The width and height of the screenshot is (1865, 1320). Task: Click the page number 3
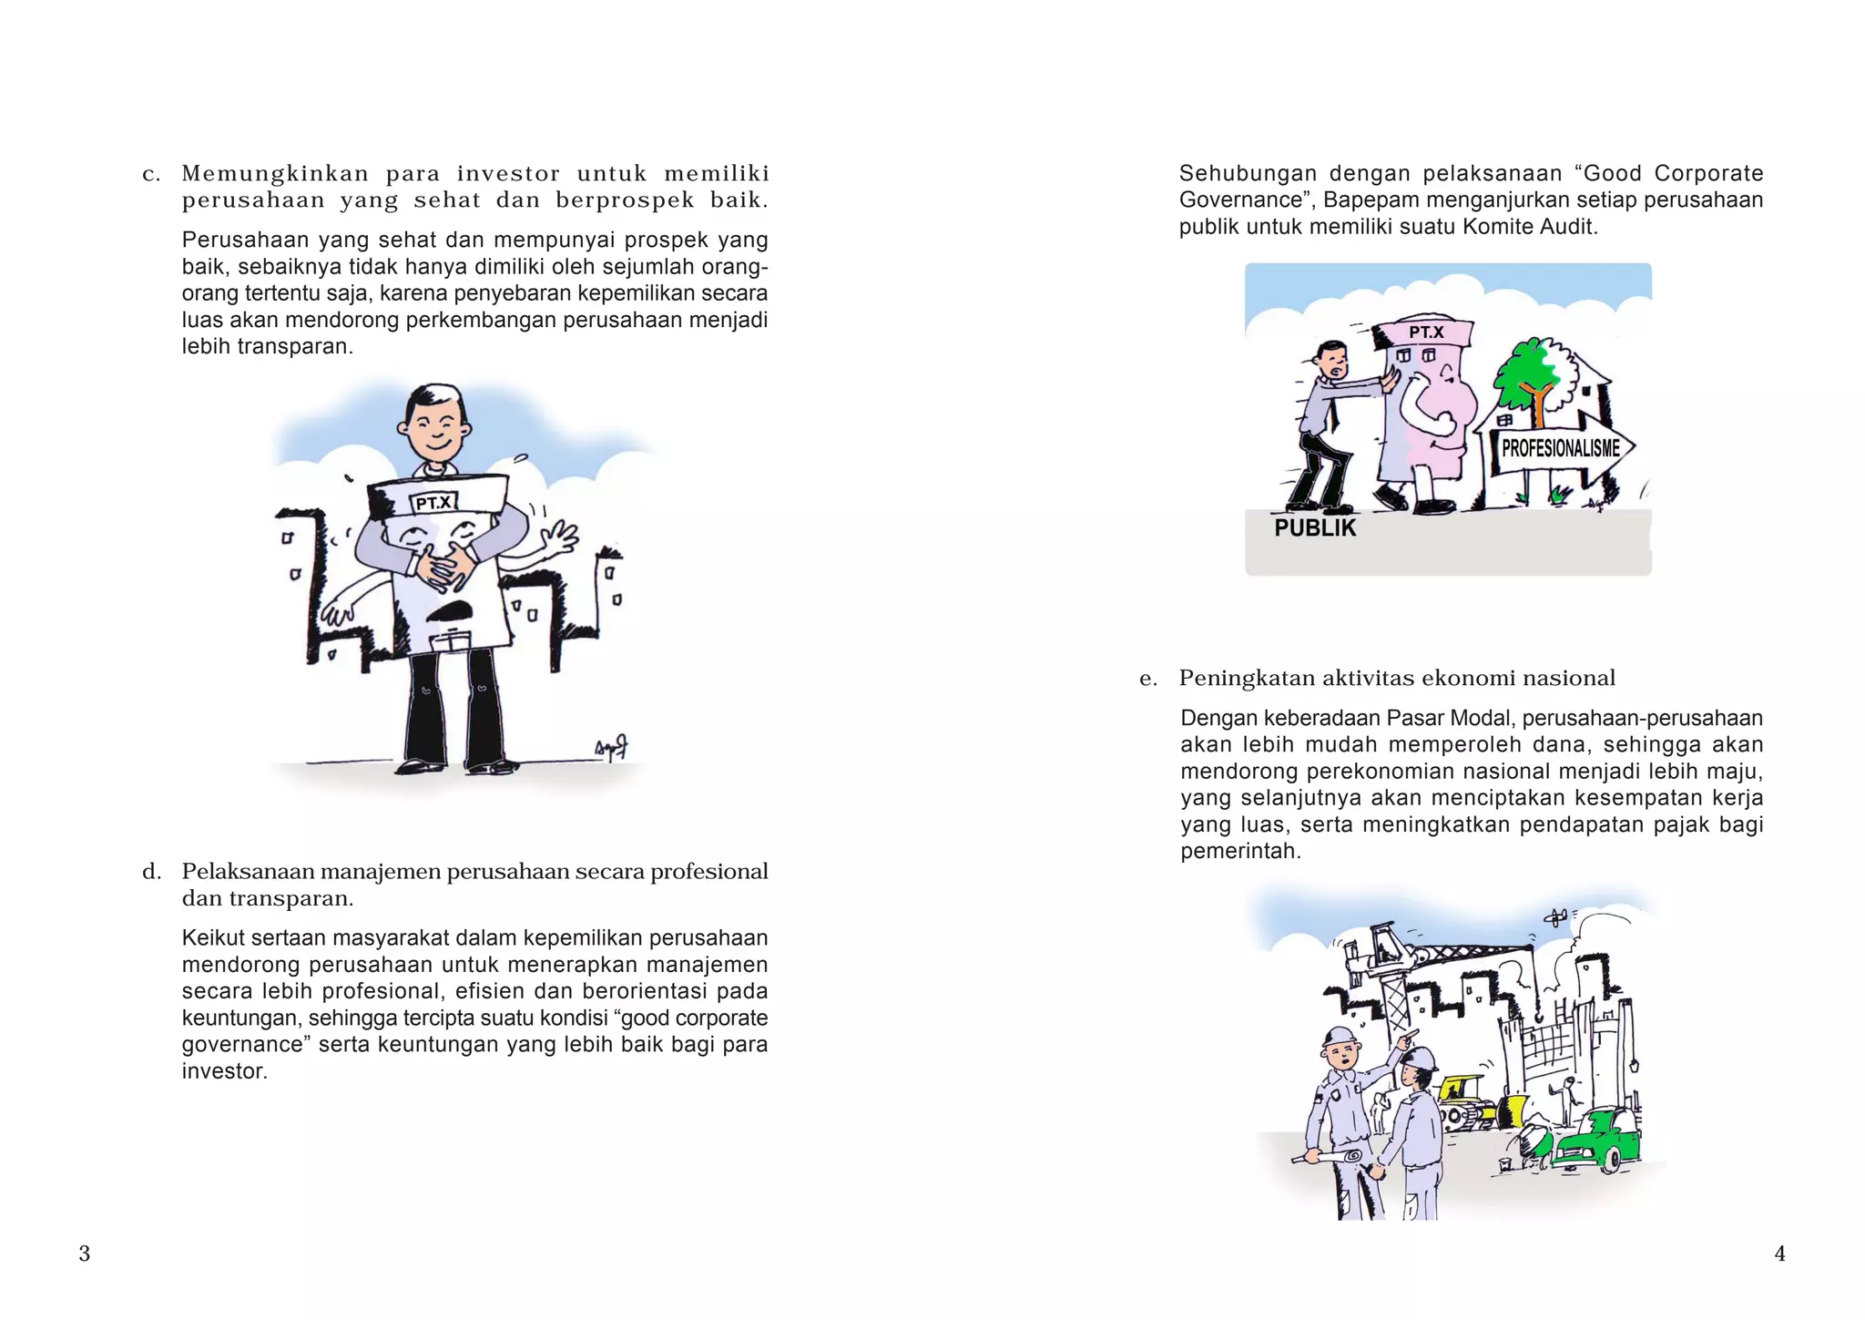point(85,1253)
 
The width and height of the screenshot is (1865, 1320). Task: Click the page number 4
point(1779,1253)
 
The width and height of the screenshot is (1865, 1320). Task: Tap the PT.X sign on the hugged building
point(434,503)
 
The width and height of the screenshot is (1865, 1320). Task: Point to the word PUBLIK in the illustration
point(1315,528)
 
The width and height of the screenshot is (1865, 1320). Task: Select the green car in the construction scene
point(1597,1139)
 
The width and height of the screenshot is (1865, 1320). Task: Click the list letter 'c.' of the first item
point(151,174)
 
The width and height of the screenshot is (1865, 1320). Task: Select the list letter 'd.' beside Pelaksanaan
point(151,872)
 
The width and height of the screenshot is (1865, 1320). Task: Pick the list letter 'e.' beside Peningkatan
point(1148,679)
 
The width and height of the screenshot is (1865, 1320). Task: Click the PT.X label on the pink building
point(1426,333)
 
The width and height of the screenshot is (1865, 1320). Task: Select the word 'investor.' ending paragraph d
point(224,1071)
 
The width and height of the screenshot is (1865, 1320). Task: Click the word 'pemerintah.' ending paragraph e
point(1240,852)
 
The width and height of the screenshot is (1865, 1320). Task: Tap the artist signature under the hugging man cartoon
point(612,749)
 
